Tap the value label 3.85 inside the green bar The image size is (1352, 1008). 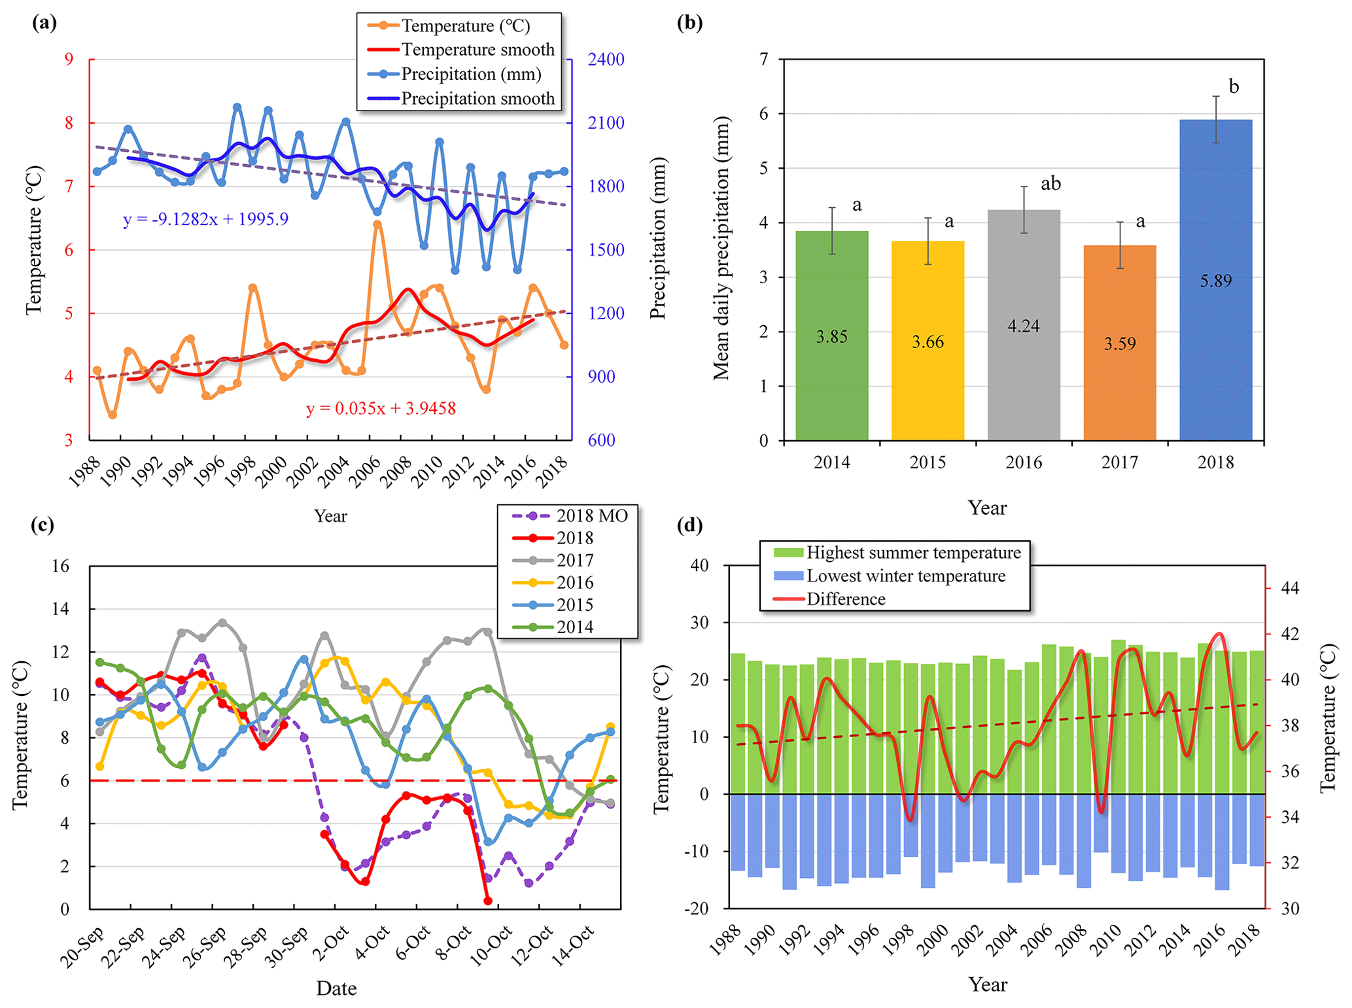(831, 337)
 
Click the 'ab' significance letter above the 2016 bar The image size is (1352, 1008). (1050, 184)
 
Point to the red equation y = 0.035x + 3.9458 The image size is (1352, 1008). (381, 409)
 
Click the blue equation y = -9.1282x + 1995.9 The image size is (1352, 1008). (205, 219)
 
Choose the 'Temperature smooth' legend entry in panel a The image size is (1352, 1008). (477, 50)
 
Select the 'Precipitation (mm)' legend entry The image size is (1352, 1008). (471, 75)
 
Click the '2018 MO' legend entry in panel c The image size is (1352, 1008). (591, 516)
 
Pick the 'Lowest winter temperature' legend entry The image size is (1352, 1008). (905, 576)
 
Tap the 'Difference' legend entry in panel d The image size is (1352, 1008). (845, 599)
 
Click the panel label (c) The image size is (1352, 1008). (43, 525)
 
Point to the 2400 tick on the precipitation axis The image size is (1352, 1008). (606, 60)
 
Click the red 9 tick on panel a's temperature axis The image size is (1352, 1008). (69, 60)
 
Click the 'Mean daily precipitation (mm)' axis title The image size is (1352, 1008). (721, 249)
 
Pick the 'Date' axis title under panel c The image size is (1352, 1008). (336, 988)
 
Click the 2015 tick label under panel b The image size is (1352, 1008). (927, 462)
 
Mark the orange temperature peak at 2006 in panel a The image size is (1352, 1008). (377, 224)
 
